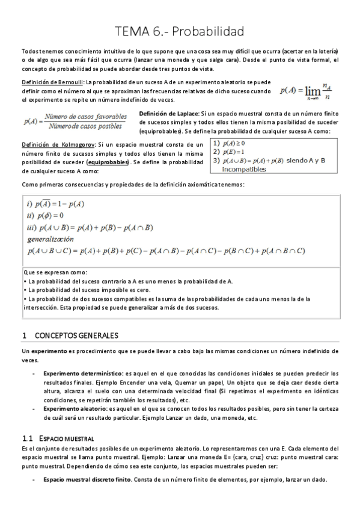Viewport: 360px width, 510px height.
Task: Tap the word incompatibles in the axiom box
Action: pyautogui.click(x=243, y=169)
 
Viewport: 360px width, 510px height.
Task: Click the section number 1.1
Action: pyautogui.click(x=26, y=437)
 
